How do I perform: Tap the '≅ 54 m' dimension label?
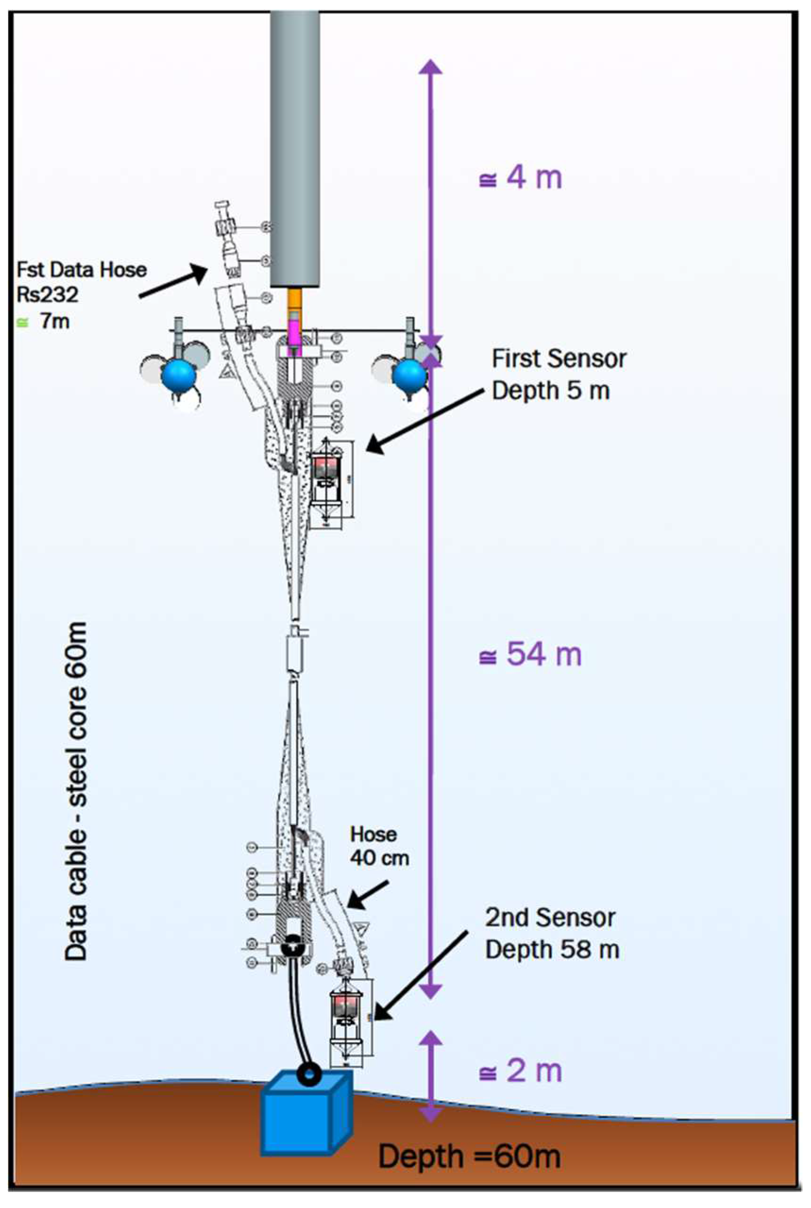[x=530, y=654]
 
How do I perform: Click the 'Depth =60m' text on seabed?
[x=469, y=1156]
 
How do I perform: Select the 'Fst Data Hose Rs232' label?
[x=81, y=282]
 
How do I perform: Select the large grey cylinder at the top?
[x=294, y=145]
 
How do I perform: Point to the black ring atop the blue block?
[x=308, y=1075]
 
